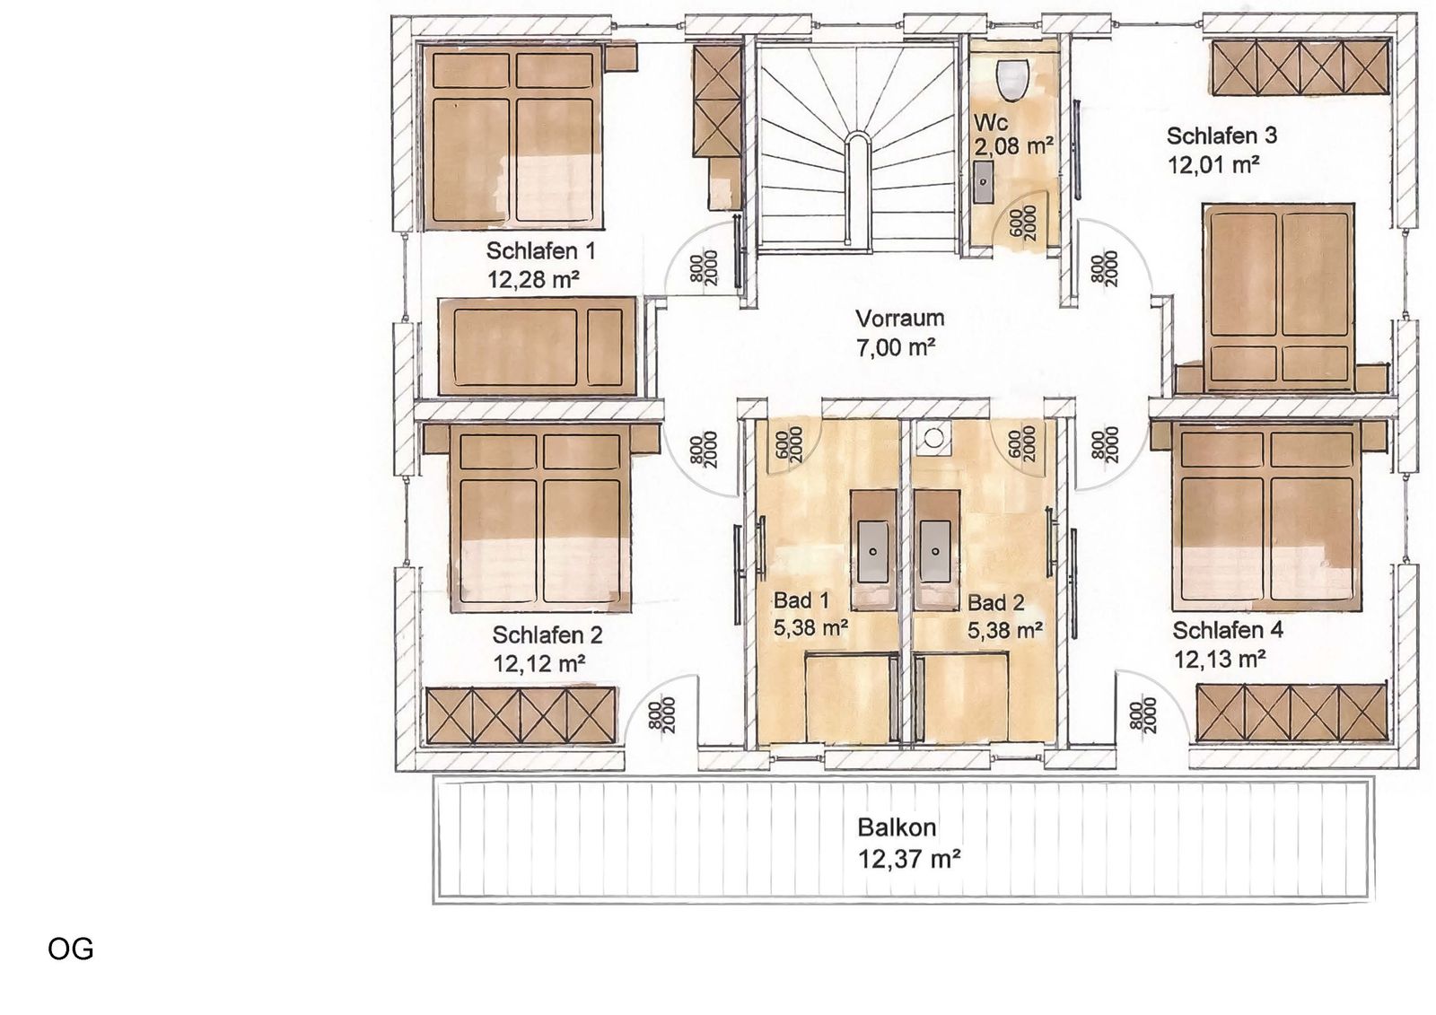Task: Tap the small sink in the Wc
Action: (x=984, y=182)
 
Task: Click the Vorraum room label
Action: (x=899, y=318)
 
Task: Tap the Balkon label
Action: (x=897, y=827)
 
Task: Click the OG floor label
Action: (x=71, y=949)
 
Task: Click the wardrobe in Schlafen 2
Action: (x=520, y=716)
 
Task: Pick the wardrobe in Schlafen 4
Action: (x=1292, y=713)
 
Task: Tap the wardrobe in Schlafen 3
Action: (x=1300, y=67)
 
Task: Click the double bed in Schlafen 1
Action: (x=511, y=136)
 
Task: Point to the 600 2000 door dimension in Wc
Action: (x=1023, y=223)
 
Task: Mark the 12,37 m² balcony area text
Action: (x=908, y=858)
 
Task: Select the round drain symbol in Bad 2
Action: (x=934, y=439)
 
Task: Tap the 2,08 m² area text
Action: (x=1013, y=147)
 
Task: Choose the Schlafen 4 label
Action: (x=1229, y=630)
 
